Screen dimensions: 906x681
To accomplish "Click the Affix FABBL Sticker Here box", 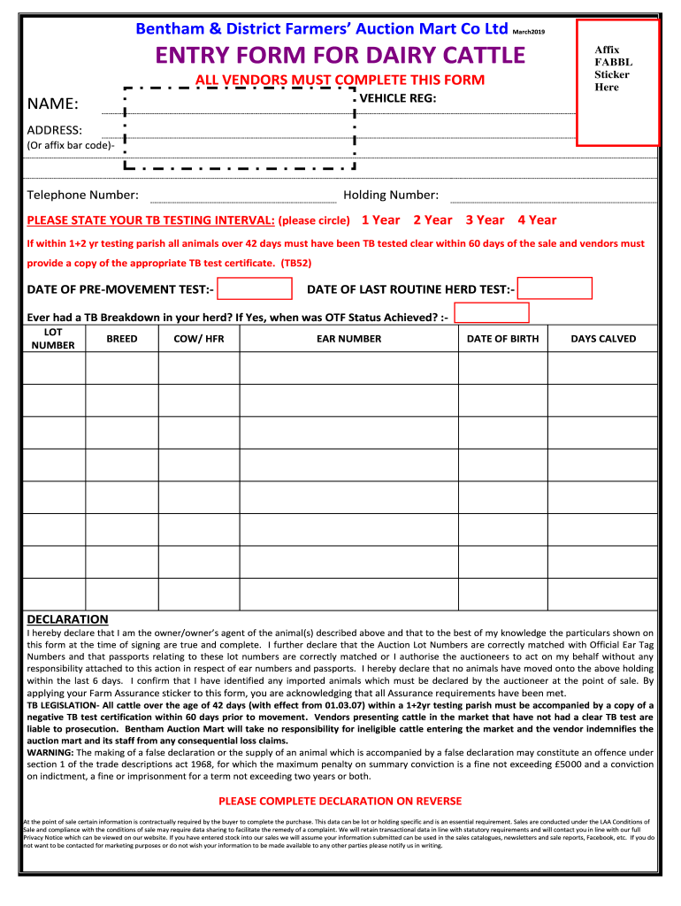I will (618, 81).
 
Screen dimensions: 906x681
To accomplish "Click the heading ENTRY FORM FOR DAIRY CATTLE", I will (340, 57).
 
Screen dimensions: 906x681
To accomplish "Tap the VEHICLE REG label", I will (398, 98).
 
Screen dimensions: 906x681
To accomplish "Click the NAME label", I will (53, 105).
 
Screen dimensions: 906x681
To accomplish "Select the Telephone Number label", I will (82, 195).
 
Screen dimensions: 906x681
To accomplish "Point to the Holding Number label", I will (391, 195).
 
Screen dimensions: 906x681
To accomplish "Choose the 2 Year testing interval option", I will (432, 220).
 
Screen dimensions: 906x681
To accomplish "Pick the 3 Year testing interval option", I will (485, 220).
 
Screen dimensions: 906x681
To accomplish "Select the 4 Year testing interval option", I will (537, 220).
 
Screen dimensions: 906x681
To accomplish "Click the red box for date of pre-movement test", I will (255, 289).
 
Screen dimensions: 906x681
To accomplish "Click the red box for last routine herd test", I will (555, 289).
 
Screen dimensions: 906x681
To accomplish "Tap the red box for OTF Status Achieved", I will (491, 313).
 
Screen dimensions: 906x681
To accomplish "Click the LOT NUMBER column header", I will (53, 338).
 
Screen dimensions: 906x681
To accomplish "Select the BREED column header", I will (122, 339).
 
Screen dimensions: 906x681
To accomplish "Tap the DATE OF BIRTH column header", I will (502, 339).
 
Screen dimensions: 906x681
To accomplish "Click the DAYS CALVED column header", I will (603, 339).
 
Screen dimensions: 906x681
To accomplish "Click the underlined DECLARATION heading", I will (67, 619).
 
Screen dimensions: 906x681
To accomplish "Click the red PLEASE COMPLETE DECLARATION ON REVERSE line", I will (340, 801).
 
